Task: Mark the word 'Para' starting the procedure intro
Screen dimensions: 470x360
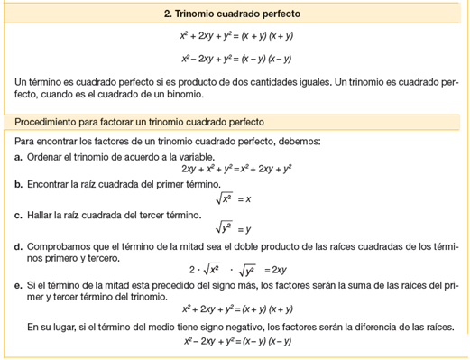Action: click(x=24, y=143)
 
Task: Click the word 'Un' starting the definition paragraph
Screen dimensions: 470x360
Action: click(x=22, y=81)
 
